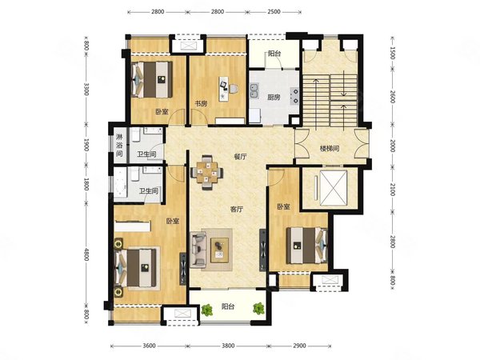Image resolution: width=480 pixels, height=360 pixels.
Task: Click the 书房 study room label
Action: point(201,104)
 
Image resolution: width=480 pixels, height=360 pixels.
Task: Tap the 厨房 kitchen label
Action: point(274,98)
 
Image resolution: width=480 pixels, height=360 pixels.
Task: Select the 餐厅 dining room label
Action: point(240,157)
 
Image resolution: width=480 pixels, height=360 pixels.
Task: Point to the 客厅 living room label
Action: point(236,210)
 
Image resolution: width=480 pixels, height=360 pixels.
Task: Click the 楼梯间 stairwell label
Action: point(330,149)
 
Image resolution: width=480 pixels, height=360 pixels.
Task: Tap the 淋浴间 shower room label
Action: point(119,145)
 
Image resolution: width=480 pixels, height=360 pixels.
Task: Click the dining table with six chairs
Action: point(206,172)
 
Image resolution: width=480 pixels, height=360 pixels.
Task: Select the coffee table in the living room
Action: point(219,250)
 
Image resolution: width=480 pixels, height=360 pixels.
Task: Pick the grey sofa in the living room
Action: point(198,250)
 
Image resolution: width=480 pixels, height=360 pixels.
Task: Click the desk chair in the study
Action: point(234,89)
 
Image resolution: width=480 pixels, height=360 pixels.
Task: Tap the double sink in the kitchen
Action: point(254,91)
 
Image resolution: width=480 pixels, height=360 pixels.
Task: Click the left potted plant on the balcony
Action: point(207,310)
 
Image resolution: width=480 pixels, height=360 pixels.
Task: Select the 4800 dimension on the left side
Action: point(86,254)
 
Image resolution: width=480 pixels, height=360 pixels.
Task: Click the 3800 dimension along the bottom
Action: point(228,346)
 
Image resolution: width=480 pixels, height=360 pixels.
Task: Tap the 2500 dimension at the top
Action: point(274,12)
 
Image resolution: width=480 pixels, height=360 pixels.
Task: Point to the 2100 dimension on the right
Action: point(393,189)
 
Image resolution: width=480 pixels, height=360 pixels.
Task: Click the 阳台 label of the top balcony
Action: point(274,54)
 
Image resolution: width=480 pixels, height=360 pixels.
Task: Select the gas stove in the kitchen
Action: point(294,95)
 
